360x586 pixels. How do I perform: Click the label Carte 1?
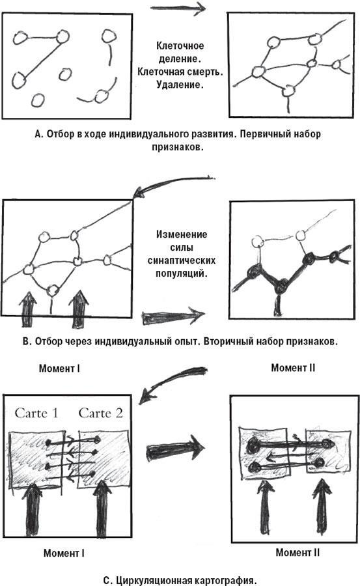tap(36, 413)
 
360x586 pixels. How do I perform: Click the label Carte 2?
tap(100, 413)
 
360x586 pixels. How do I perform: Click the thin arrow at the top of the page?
tap(178, 8)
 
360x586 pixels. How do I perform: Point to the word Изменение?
tap(182, 234)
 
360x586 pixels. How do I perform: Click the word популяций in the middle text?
tap(182, 273)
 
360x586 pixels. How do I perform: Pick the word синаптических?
tap(182, 260)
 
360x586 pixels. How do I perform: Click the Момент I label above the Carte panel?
tap(59, 369)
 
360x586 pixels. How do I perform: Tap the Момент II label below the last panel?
tap(298, 552)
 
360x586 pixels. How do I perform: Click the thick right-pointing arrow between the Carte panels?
tap(176, 448)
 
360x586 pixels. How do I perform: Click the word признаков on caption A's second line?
tap(178, 147)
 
